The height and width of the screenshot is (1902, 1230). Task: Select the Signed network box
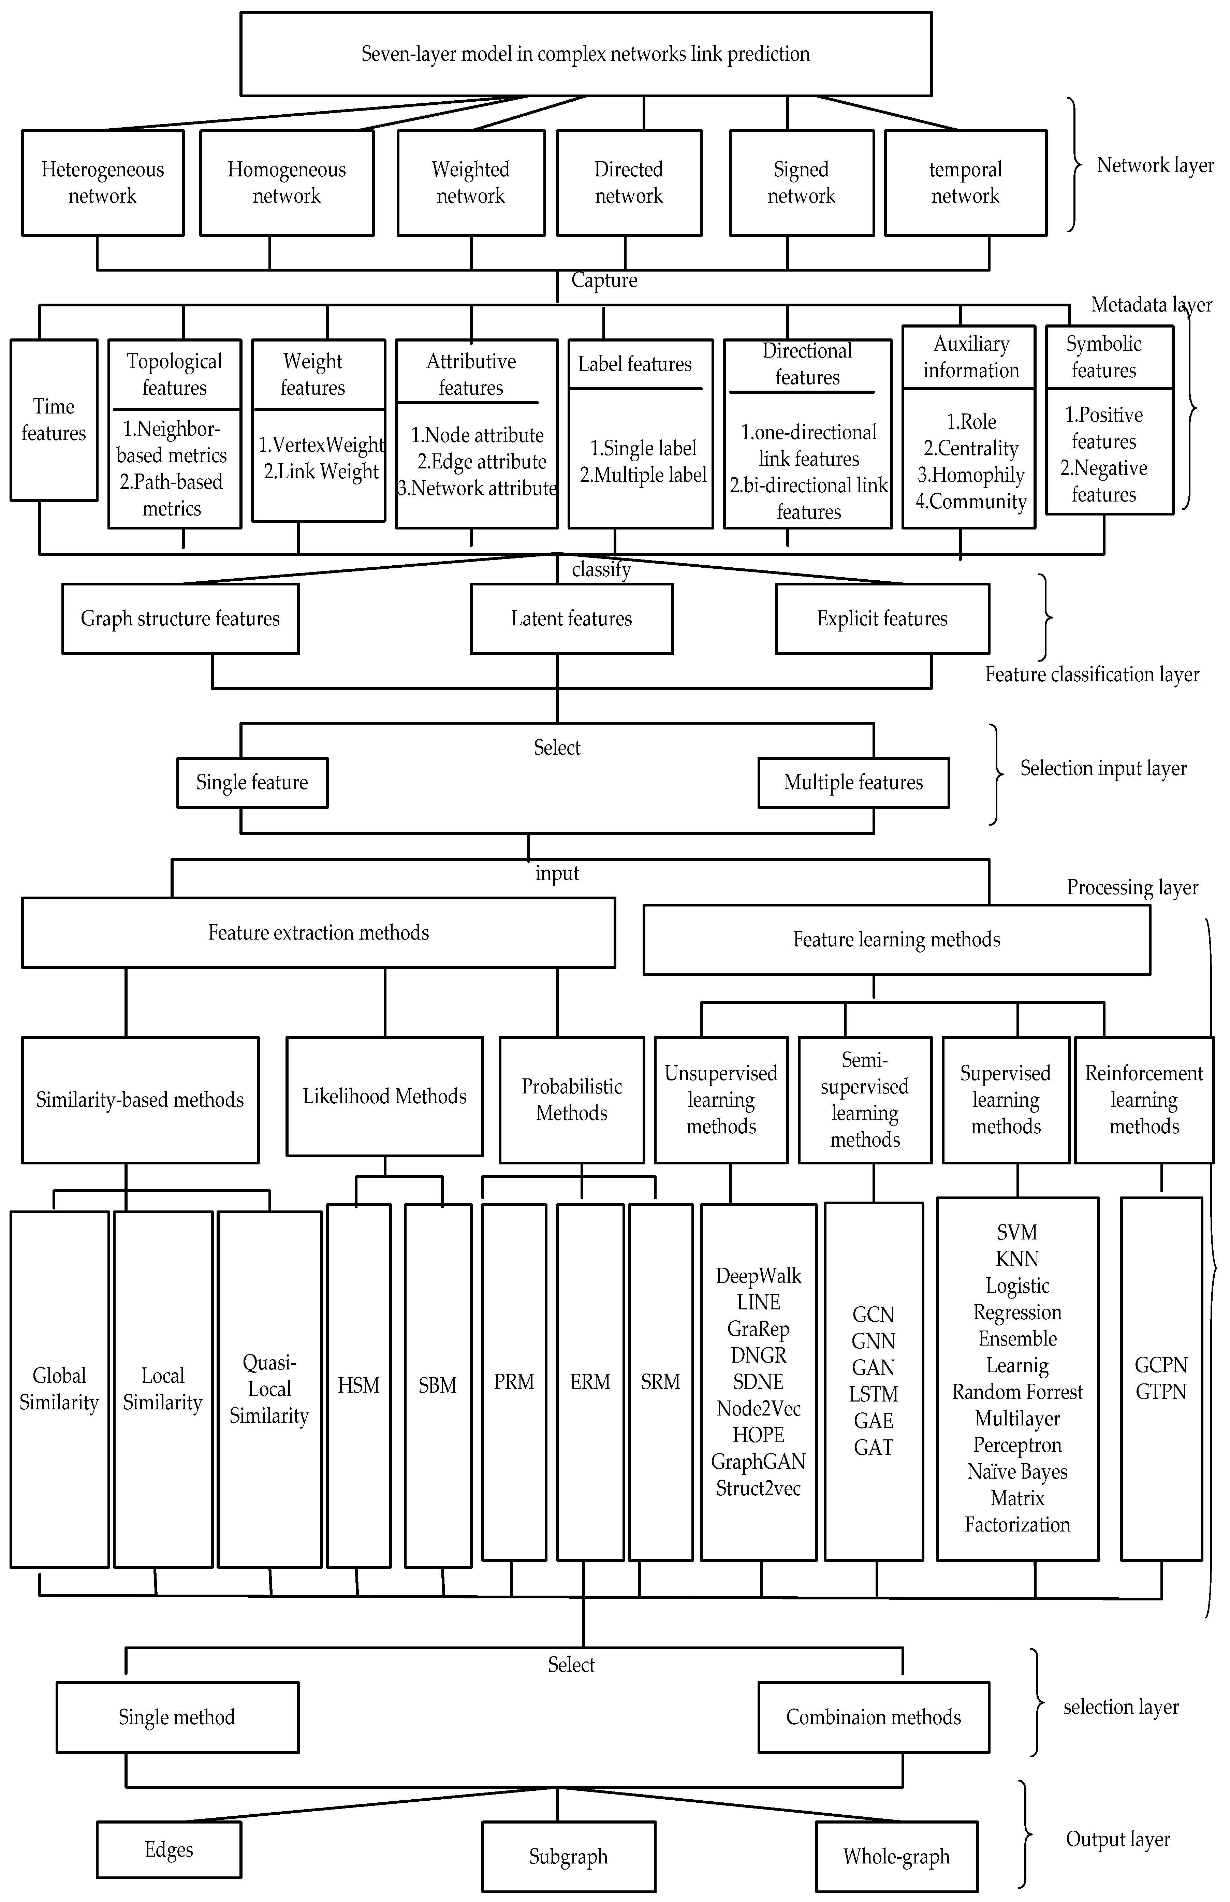[801, 183]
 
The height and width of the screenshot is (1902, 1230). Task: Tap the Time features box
[54, 420]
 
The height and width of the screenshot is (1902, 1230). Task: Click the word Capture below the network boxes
[604, 280]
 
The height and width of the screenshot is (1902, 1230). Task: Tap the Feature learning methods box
[896, 940]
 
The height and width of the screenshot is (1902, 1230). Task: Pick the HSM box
[358, 1385]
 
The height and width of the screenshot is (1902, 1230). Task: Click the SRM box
[660, 1382]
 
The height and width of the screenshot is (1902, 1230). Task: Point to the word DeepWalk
[758, 1276]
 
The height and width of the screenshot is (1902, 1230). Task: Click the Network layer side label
[1155, 165]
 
